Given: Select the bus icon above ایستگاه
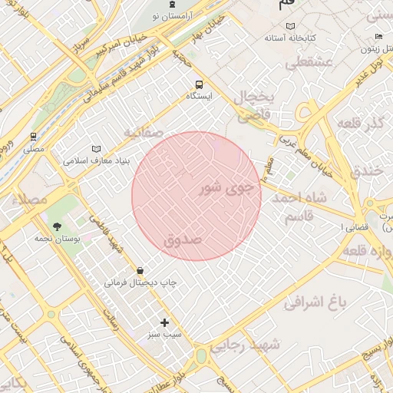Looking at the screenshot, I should (200, 84).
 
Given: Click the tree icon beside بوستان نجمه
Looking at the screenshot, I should (58, 226).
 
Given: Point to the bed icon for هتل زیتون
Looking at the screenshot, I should (378, 37).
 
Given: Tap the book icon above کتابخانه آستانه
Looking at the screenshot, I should (290, 26).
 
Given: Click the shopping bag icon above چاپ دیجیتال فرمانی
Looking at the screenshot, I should (140, 270).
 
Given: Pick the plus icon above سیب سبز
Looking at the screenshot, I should (164, 322).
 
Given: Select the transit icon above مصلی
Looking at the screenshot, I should (33, 137).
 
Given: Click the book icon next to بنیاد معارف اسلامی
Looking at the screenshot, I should (96, 148).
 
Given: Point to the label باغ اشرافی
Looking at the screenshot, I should (315, 302).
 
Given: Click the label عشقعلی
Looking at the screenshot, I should (311, 64).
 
